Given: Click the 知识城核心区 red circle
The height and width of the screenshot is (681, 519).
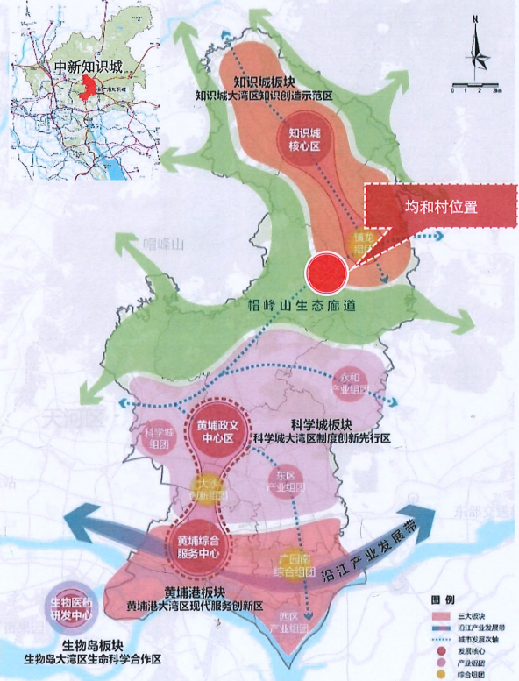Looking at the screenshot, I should [306, 139].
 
